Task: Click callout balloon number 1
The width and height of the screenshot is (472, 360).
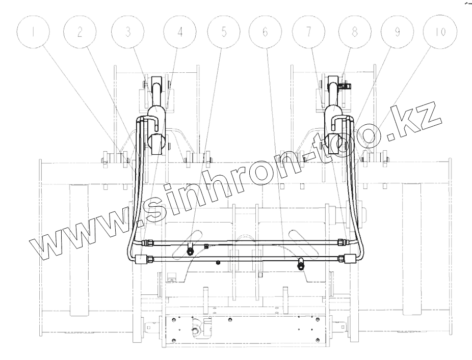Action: (x=33, y=32)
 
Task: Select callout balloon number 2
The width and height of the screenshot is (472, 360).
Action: (x=80, y=32)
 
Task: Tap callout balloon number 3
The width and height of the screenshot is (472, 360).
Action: (x=127, y=32)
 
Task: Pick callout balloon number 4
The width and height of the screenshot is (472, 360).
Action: (x=180, y=32)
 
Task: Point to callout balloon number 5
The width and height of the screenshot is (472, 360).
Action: (x=224, y=32)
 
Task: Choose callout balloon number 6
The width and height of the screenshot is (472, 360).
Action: (x=265, y=32)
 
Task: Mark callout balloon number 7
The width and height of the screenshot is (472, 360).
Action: (x=308, y=32)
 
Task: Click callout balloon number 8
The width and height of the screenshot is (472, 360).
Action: (x=355, y=32)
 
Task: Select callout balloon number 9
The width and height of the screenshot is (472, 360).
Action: (x=397, y=32)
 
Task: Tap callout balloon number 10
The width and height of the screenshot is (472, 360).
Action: (x=439, y=32)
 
